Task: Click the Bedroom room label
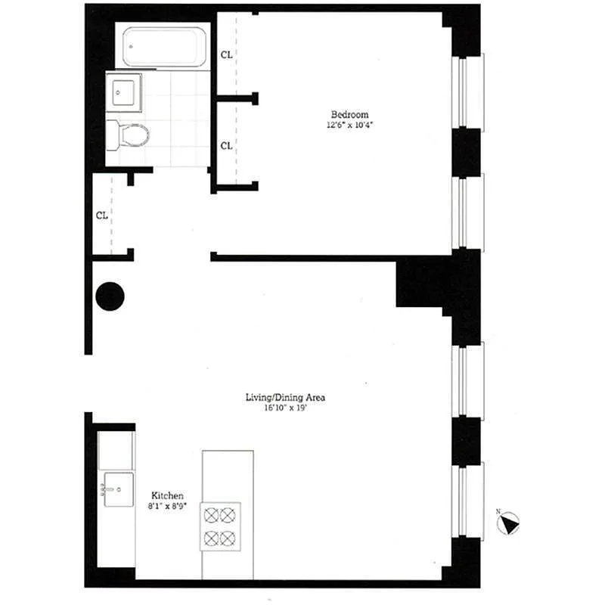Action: (349, 115)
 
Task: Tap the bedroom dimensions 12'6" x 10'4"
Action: (349, 125)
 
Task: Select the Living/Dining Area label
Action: (286, 398)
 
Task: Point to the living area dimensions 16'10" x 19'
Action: (286, 408)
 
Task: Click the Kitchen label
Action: (167, 495)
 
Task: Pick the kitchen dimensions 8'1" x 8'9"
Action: (167, 506)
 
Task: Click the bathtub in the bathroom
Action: (164, 46)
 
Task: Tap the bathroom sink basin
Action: (123, 92)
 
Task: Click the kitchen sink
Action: (119, 489)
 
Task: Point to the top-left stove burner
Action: (212, 515)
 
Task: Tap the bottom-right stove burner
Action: (228, 538)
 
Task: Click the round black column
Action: (110, 296)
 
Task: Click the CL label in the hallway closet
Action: (102, 216)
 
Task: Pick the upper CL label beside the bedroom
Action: (226, 54)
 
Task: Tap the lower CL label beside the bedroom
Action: (226, 146)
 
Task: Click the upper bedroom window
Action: (467, 92)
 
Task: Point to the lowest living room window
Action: (467, 501)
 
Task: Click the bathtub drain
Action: (131, 47)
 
